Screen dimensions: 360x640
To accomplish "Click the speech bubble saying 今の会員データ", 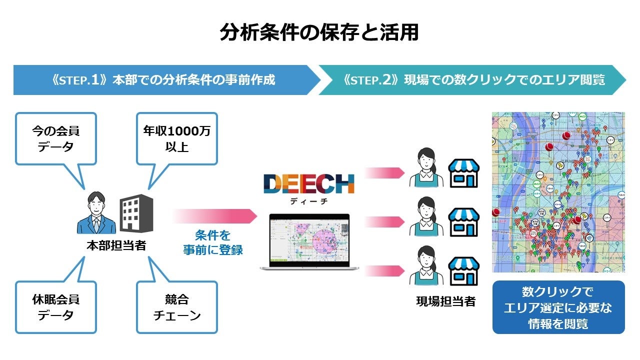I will click(x=55, y=139).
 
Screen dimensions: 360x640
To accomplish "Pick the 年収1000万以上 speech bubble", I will click(x=176, y=139).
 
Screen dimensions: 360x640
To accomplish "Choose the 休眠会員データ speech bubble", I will click(x=55, y=307).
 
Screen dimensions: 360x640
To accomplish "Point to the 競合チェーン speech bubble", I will click(x=176, y=307).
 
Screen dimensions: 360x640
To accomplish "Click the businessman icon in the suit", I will click(x=96, y=214).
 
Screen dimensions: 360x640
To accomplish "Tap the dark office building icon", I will click(x=136, y=214).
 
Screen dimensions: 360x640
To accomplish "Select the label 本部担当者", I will click(x=116, y=245).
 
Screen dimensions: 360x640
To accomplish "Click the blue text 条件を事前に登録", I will click(x=213, y=242).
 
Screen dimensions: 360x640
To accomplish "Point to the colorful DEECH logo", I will click(x=309, y=184).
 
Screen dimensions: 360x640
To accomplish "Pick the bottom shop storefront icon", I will click(x=464, y=271).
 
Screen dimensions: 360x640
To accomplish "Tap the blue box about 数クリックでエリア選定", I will click(x=558, y=307).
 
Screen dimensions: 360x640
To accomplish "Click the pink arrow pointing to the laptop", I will click(x=215, y=216).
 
